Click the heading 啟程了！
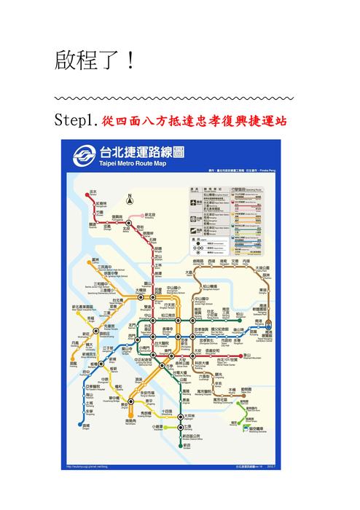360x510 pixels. point(95,60)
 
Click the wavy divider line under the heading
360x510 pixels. point(175,97)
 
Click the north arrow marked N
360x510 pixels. point(129,198)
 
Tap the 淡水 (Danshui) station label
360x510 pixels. point(93,192)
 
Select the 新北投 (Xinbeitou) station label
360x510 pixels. point(150,215)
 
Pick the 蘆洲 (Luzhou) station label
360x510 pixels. point(95,259)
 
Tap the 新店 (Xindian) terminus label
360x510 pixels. point(187,445)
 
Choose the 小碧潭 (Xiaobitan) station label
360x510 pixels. point(157,427)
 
